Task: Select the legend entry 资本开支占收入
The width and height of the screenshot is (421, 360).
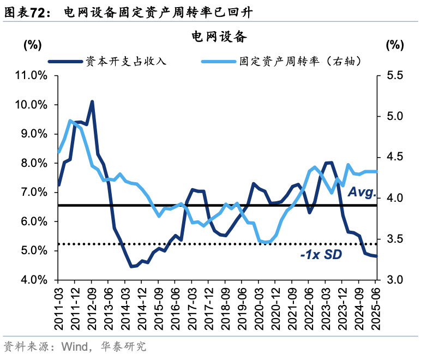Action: click(x=125, y=62)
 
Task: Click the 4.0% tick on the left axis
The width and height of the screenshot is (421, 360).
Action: click(x=33, y=280)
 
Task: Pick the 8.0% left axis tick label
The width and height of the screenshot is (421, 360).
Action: click(x=33, y=163)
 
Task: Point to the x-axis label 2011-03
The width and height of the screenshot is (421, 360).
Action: click(x=58, y=308)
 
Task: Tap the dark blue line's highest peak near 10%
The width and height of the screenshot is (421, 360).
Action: click(x=92, y=101)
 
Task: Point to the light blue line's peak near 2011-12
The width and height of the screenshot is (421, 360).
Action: click(x=70, y=121)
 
